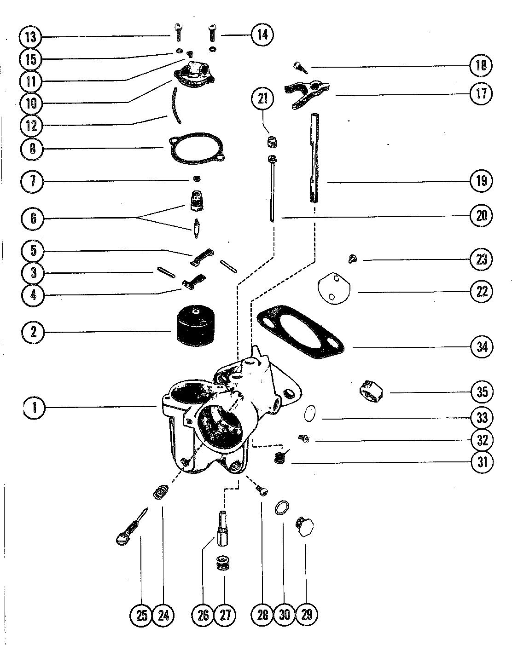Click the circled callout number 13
click(31, 37)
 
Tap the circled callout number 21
click(263, 99)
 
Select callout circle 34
click(482, 347)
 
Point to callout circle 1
click(35, 408)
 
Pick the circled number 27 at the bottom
click(225, 614)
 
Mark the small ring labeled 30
click(282, 508)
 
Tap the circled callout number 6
click(33, 218)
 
